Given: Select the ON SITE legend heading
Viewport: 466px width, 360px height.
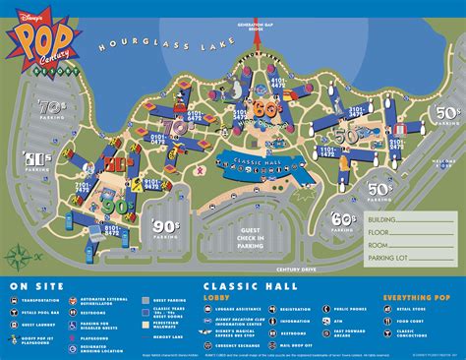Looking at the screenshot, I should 29,287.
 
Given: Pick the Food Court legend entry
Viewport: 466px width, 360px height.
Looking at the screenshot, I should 421,320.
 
